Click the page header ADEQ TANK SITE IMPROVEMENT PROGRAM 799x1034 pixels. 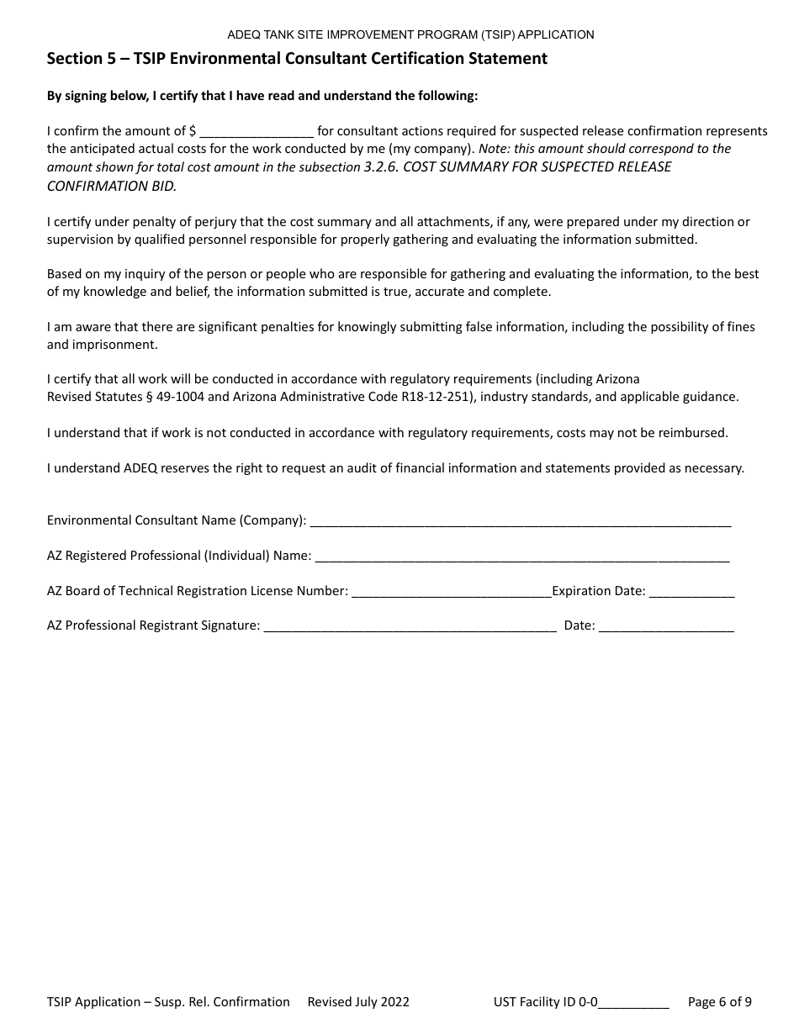point(410,34)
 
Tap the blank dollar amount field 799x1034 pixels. point(257,132)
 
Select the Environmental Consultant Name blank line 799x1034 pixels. point(521,521)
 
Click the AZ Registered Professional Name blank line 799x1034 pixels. point(521,557)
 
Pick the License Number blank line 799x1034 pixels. point(451,592)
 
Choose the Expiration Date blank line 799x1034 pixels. point(691,592)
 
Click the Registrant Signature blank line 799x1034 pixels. point(410,626)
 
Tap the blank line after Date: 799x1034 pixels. point(666,626)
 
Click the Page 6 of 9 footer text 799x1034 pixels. point(720,1002)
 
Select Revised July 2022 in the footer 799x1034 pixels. point(358,1002)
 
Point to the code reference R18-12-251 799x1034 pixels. point(434,397)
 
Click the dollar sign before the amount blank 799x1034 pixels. point(193,131)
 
